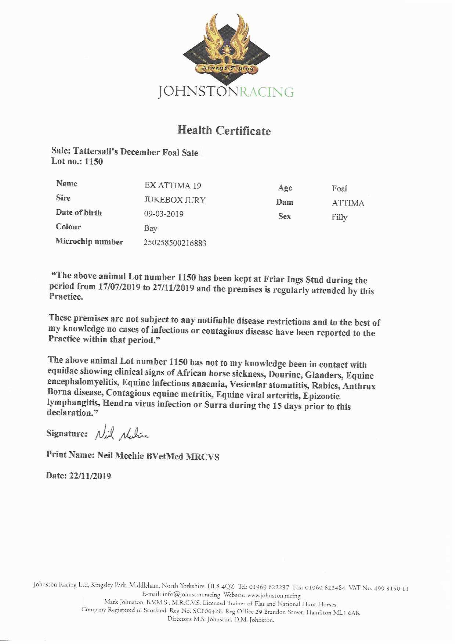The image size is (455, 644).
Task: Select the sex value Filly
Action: (339, 217)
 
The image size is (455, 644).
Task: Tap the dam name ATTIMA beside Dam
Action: (348, 203)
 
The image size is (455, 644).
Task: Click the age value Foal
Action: (339, 188)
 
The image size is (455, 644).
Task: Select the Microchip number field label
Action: (89, 241)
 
